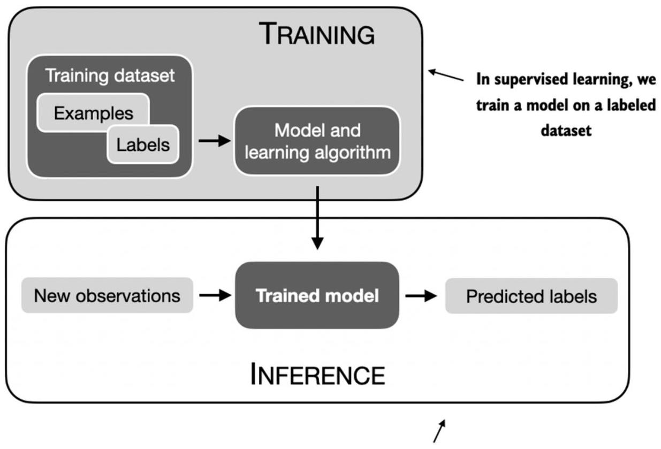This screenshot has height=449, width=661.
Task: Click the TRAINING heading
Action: point(317,34)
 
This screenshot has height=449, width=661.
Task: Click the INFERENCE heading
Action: point(317,374)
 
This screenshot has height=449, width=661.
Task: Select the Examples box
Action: point(93,113)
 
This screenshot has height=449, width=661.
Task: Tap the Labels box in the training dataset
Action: point(143,144)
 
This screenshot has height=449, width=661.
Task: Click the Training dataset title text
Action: point(110,75)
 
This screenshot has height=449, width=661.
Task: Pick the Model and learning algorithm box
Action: point(317,141)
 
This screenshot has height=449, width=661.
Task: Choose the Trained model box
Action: point(317,295)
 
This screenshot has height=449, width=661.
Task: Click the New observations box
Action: point(108,295)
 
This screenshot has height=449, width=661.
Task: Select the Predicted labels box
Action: point(531,296)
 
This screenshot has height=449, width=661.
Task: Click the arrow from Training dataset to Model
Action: point(215,141)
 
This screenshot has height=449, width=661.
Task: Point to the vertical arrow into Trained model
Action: point(317,218)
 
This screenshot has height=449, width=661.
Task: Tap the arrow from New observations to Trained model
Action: point(215,295)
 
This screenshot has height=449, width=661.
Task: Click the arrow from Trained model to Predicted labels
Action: point(421,295)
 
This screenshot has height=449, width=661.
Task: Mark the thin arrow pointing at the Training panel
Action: point(446,75)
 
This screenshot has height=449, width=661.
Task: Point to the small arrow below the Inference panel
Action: point(439,431)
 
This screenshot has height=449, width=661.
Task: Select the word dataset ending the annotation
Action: point(566,131)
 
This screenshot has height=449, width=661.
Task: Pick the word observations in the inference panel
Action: point(128,295)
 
